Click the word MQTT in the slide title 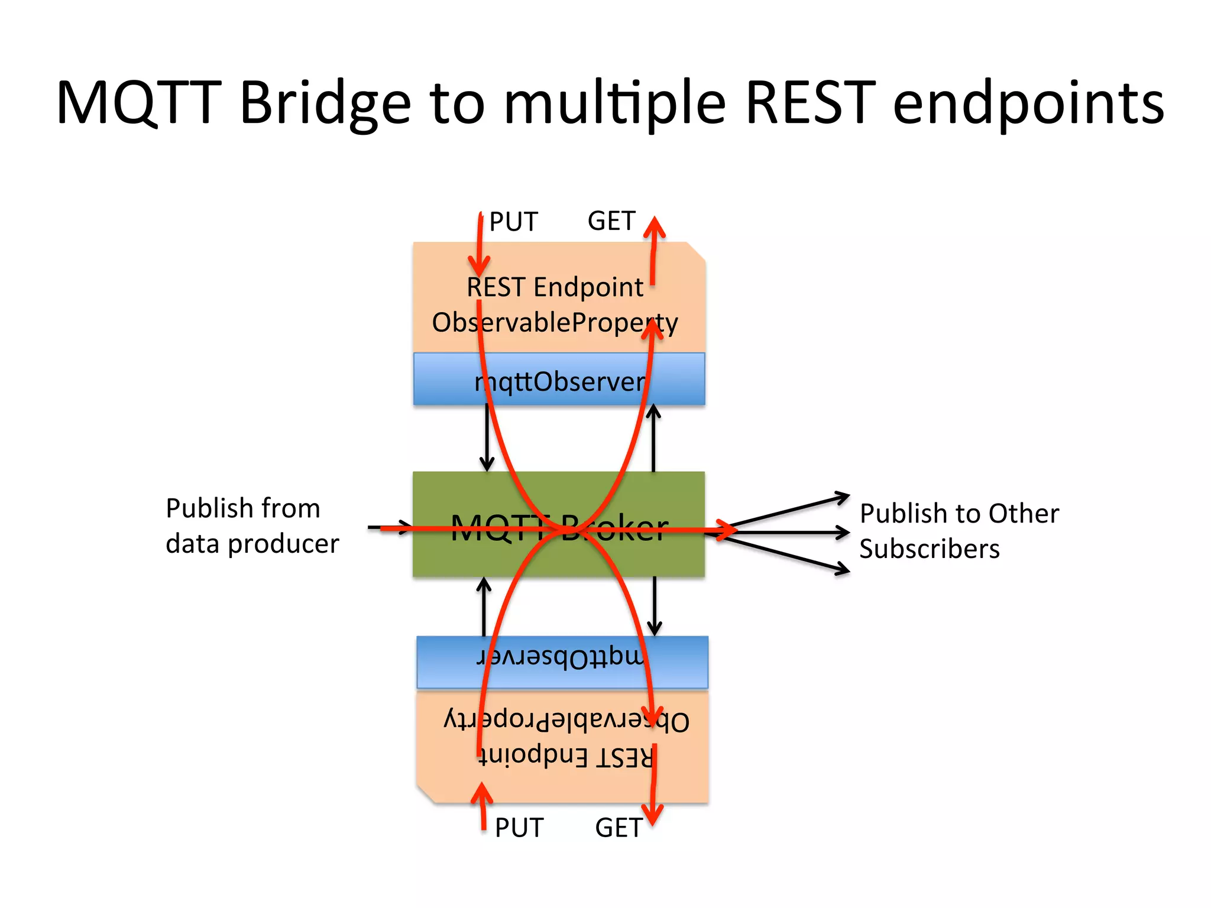139,103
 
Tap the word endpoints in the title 1028,103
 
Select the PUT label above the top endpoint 513,222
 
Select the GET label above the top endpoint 611,221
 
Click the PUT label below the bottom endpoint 519,828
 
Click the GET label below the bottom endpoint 619,828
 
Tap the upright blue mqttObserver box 559,380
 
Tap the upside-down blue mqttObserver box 562,662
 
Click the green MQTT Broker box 559,524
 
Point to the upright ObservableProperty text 555,323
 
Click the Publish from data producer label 252,526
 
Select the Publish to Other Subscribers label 959,530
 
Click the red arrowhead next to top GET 655,227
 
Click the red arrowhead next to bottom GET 652,816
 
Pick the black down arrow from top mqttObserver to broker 487,437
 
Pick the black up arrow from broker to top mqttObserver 653,437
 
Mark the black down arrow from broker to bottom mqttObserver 655,606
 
